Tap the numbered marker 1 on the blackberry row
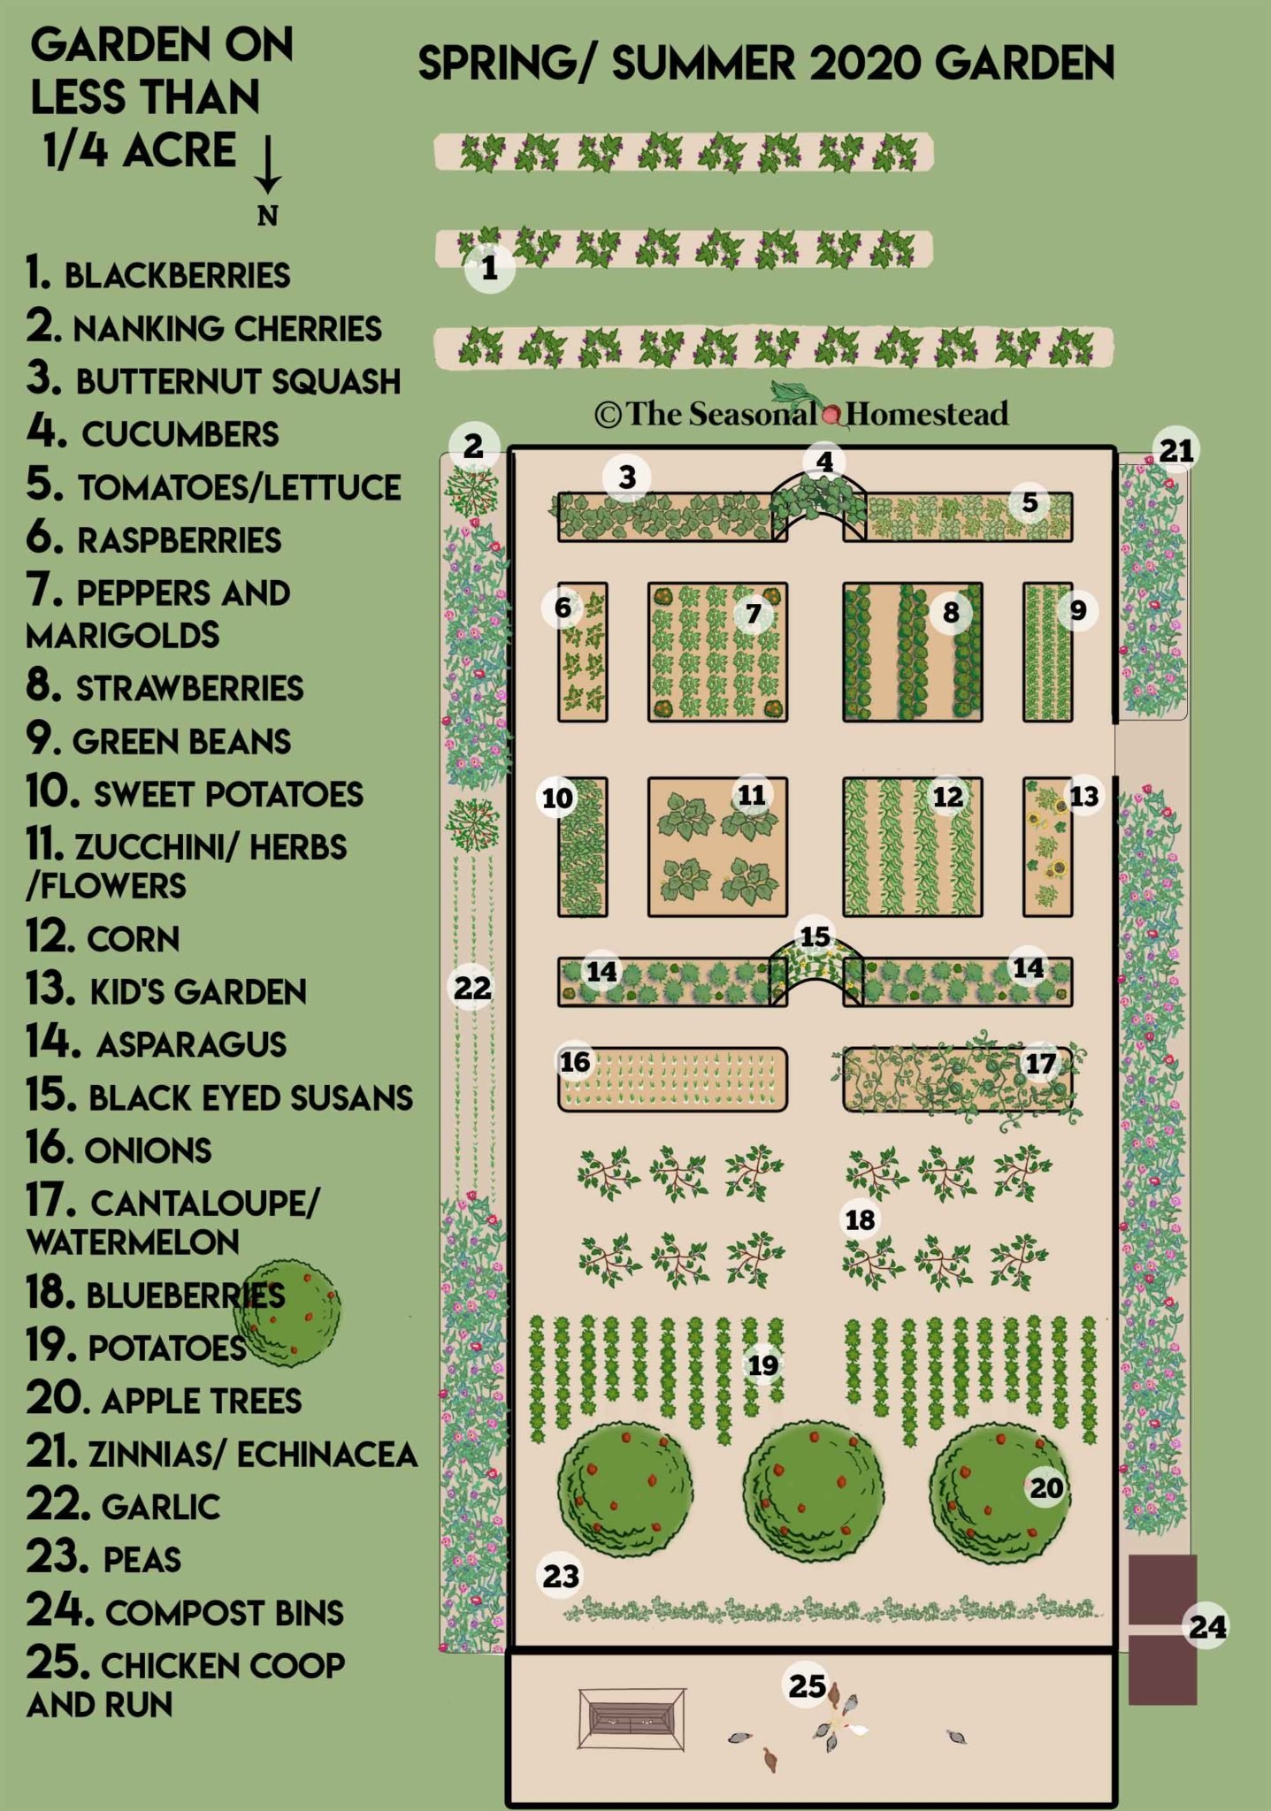489,267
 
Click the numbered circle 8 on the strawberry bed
951,612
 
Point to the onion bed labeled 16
672,1079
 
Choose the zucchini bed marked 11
717,847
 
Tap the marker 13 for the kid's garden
1084,796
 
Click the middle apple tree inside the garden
813,1492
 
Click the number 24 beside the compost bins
1207,1626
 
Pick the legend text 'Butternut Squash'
238,381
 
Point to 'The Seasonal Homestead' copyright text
801,413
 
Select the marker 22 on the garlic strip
472,987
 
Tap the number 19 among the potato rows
762,1365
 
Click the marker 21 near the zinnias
1177,451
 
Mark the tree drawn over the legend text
287,1312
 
